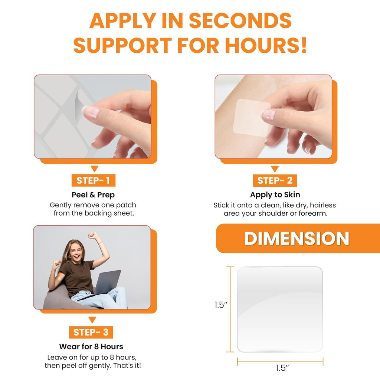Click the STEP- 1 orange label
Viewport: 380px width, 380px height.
pyautogui.click(x=93, y=180)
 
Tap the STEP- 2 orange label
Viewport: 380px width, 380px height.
pyautogui.click(x=275, y=181)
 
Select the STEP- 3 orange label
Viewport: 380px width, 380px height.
pyautogui.click(x=91, y=332)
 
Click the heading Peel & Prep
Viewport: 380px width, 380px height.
pyautogui.click(x=93, y=195)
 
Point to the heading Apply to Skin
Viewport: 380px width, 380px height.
pyautogui.click(x=275, y=195)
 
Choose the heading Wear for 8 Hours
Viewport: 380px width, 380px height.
pyautogui.click(x=91, y=347)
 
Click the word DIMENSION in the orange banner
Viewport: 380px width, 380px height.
pyautogui.click(x=297, y=239)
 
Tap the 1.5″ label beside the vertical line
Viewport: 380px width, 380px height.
pyautogui.click(x=221, y=305)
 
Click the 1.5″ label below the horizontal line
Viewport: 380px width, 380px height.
pyautogui.click(x=282, y=368)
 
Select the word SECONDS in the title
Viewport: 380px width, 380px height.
pyautogui.click(x=240, y=21)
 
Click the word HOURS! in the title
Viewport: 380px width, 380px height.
pyautogui.click(x=266, y=45)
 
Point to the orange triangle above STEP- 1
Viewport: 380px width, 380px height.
pyautogui.click(x=95, y=169)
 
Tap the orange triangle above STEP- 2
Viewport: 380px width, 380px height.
pyautogui.click(x=275, y=169)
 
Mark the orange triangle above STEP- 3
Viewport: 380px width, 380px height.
pyautogui.click(x=92, y=320)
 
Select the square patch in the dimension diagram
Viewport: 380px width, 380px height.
pyautogui.click(x=280, y=309)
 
